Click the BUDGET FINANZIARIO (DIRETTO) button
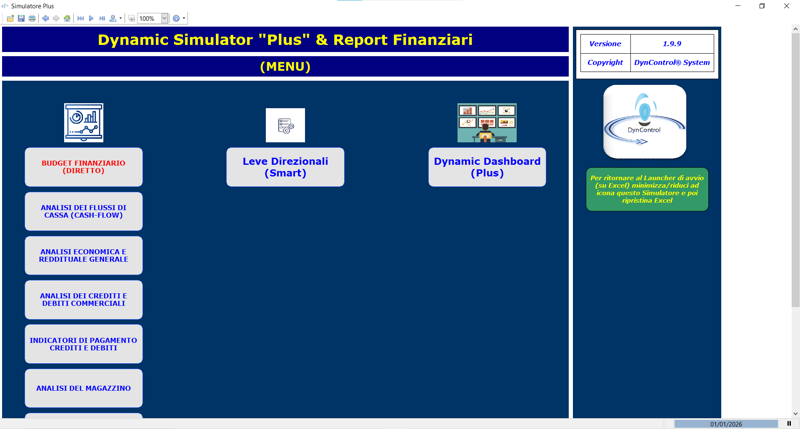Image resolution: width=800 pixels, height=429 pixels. coord(83,167)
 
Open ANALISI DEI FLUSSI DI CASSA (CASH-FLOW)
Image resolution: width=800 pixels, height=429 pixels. coord(83,212)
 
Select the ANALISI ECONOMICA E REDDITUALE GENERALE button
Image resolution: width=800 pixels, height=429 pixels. coord(83,256)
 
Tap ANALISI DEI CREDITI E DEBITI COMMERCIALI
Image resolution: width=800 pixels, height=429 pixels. coord(83,300)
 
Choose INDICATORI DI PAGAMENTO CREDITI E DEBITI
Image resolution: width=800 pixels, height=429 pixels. coord(83,344)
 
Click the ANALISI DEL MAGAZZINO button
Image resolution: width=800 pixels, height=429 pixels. coord(83,388)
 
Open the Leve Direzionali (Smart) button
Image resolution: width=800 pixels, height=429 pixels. coord(285,167)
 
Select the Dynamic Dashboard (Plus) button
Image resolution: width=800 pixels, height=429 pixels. coord(487,167)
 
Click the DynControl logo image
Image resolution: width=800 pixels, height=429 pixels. coord(645,122)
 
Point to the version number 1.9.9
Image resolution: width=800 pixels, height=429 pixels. coord(672,44)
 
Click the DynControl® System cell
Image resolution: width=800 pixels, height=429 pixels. coord(672,62)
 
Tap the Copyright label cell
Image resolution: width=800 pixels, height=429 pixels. coord(605,62)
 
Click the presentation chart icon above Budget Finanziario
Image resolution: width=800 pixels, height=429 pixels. coord(83,123)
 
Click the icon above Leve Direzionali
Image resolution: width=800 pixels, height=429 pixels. coord(285,125)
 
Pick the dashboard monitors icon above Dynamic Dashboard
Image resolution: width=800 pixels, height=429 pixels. coord(487,123)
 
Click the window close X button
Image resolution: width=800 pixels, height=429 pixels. coord(786,6)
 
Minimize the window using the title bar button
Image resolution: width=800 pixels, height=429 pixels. coord(738,6)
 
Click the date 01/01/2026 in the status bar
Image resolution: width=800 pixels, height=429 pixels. coord(726,424)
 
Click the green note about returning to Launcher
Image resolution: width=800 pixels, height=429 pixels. coord(647,189)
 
